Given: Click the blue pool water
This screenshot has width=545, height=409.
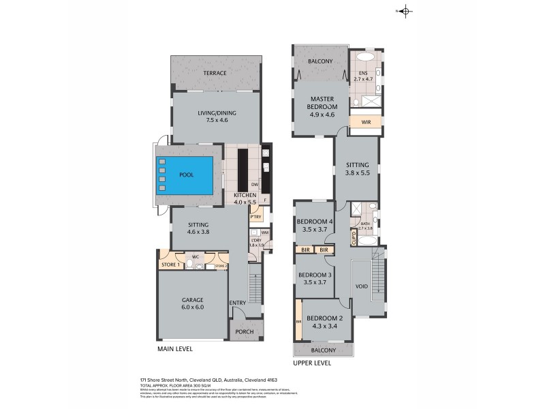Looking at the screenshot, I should coord(186,175).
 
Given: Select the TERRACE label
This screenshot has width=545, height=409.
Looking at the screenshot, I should coord(215,73).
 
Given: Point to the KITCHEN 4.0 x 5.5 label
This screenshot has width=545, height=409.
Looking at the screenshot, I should coord(244,198).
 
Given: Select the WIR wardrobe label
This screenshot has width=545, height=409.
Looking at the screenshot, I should coord(366,123).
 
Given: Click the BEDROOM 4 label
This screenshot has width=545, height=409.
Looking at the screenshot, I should coord(314,226).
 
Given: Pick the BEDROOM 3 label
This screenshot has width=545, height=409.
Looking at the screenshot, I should coord(314,279).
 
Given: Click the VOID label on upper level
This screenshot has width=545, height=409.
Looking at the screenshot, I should coord(361,286).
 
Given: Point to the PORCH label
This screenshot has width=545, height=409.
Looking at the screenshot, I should coord(244,332).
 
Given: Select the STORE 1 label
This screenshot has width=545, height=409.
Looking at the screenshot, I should coord(169,264).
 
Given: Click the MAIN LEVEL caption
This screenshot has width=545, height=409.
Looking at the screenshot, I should coord(176,349).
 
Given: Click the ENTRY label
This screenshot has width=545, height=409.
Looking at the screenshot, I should coord(238,303).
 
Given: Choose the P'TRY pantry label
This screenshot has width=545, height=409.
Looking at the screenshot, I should coord(256,217).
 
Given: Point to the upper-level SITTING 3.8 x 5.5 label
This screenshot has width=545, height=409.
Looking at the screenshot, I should coord(356,169).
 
